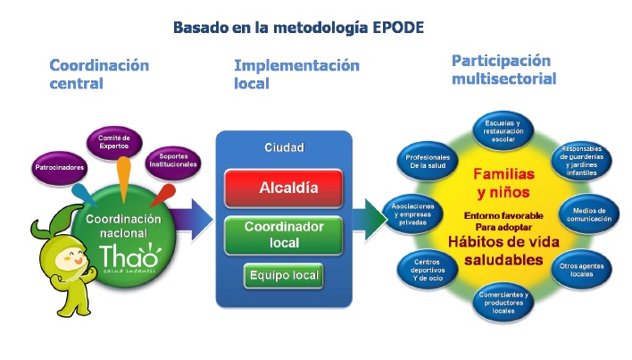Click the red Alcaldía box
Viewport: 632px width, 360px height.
tap(284, 188)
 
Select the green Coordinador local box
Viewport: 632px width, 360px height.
tap(284, 233)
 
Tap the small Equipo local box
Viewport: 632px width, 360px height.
tap(283, 276)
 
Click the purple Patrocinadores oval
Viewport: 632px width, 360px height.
tap(59, 167)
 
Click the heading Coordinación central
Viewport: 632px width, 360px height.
tap(98, 74)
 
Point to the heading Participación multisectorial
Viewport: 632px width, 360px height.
tap(503, 70)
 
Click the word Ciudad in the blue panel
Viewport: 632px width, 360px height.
tap(285, 147)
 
